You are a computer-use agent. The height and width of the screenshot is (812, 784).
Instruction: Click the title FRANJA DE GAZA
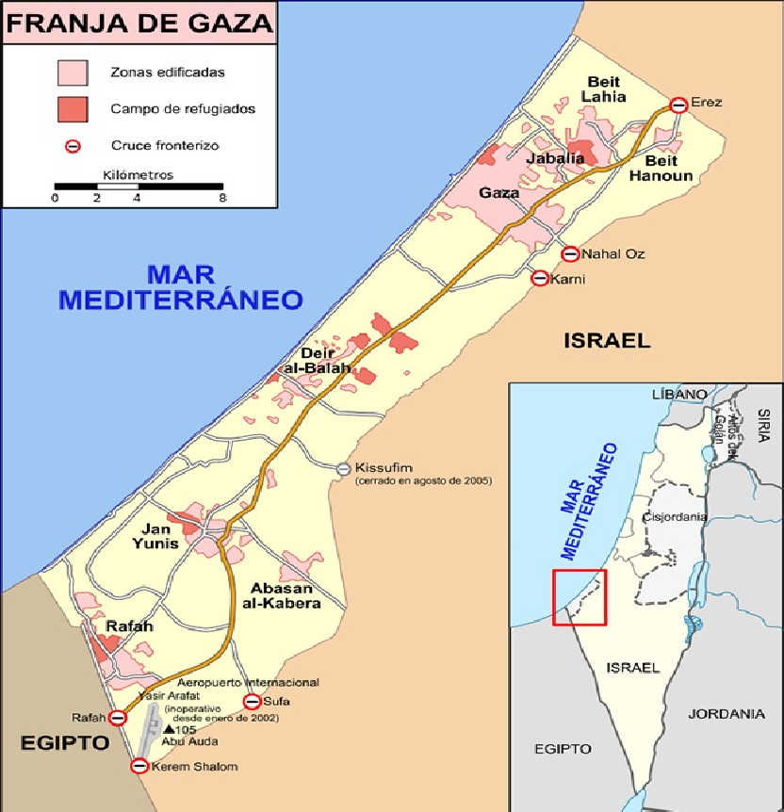pos(139,22)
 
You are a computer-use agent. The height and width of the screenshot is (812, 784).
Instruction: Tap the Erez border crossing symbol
pos(678,105)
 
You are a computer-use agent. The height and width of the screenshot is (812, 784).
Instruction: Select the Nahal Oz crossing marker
pos(569,253)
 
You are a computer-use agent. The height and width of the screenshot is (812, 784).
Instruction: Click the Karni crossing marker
pos(539,278)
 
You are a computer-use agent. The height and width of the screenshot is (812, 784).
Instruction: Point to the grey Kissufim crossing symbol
pos(344,468)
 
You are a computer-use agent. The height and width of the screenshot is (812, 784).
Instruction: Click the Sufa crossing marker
pos(252,701)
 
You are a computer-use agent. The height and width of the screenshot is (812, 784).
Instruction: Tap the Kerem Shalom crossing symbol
pos(139,767)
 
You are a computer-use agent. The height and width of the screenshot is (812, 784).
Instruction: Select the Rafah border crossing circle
pos(117,718)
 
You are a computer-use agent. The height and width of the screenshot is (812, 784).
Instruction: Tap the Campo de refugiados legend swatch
pos(73,108)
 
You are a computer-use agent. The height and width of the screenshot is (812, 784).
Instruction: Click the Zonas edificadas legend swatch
pos(73,72)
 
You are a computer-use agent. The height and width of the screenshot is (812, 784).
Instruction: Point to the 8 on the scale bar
pos(222,199)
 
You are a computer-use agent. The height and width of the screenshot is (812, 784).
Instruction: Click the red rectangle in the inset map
pos(580,597)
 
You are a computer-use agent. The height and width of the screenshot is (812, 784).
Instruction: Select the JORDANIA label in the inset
pos(727,714)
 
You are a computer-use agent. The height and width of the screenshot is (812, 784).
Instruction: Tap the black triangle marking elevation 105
pos(168,729)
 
